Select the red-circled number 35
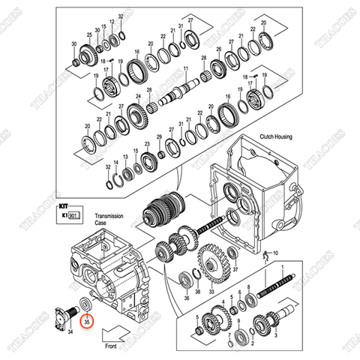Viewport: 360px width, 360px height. point(87,321)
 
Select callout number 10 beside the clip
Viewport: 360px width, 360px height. point(274,254)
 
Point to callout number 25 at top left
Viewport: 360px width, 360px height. point(89,36)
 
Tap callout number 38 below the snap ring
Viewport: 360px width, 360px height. point(197,290)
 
